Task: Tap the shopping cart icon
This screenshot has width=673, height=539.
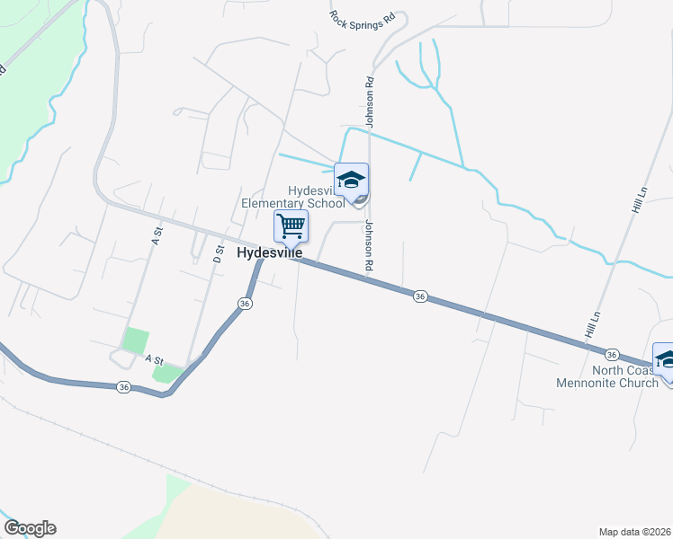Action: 291,225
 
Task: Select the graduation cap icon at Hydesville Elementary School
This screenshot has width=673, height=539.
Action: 351,179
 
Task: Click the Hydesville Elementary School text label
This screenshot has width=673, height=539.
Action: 292,197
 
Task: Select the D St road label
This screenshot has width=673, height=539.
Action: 217,252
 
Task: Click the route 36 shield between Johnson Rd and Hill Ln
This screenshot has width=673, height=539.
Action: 419,296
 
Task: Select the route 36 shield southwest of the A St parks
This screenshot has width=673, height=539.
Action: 123,387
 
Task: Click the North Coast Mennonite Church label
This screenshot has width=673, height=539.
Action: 626,377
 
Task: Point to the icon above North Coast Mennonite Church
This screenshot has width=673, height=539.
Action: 666,358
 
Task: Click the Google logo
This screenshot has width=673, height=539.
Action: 30,528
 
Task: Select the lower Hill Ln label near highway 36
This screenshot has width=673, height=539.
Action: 591,324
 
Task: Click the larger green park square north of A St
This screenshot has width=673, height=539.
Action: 135,340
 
